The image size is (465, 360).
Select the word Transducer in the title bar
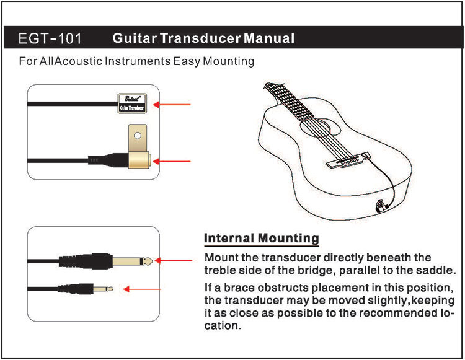point(201,39)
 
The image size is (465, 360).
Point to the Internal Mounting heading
point(262,238)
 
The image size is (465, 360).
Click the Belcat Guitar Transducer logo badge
point(132,103)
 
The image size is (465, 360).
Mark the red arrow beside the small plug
point(143,289)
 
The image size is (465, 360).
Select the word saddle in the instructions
point(439,271)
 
